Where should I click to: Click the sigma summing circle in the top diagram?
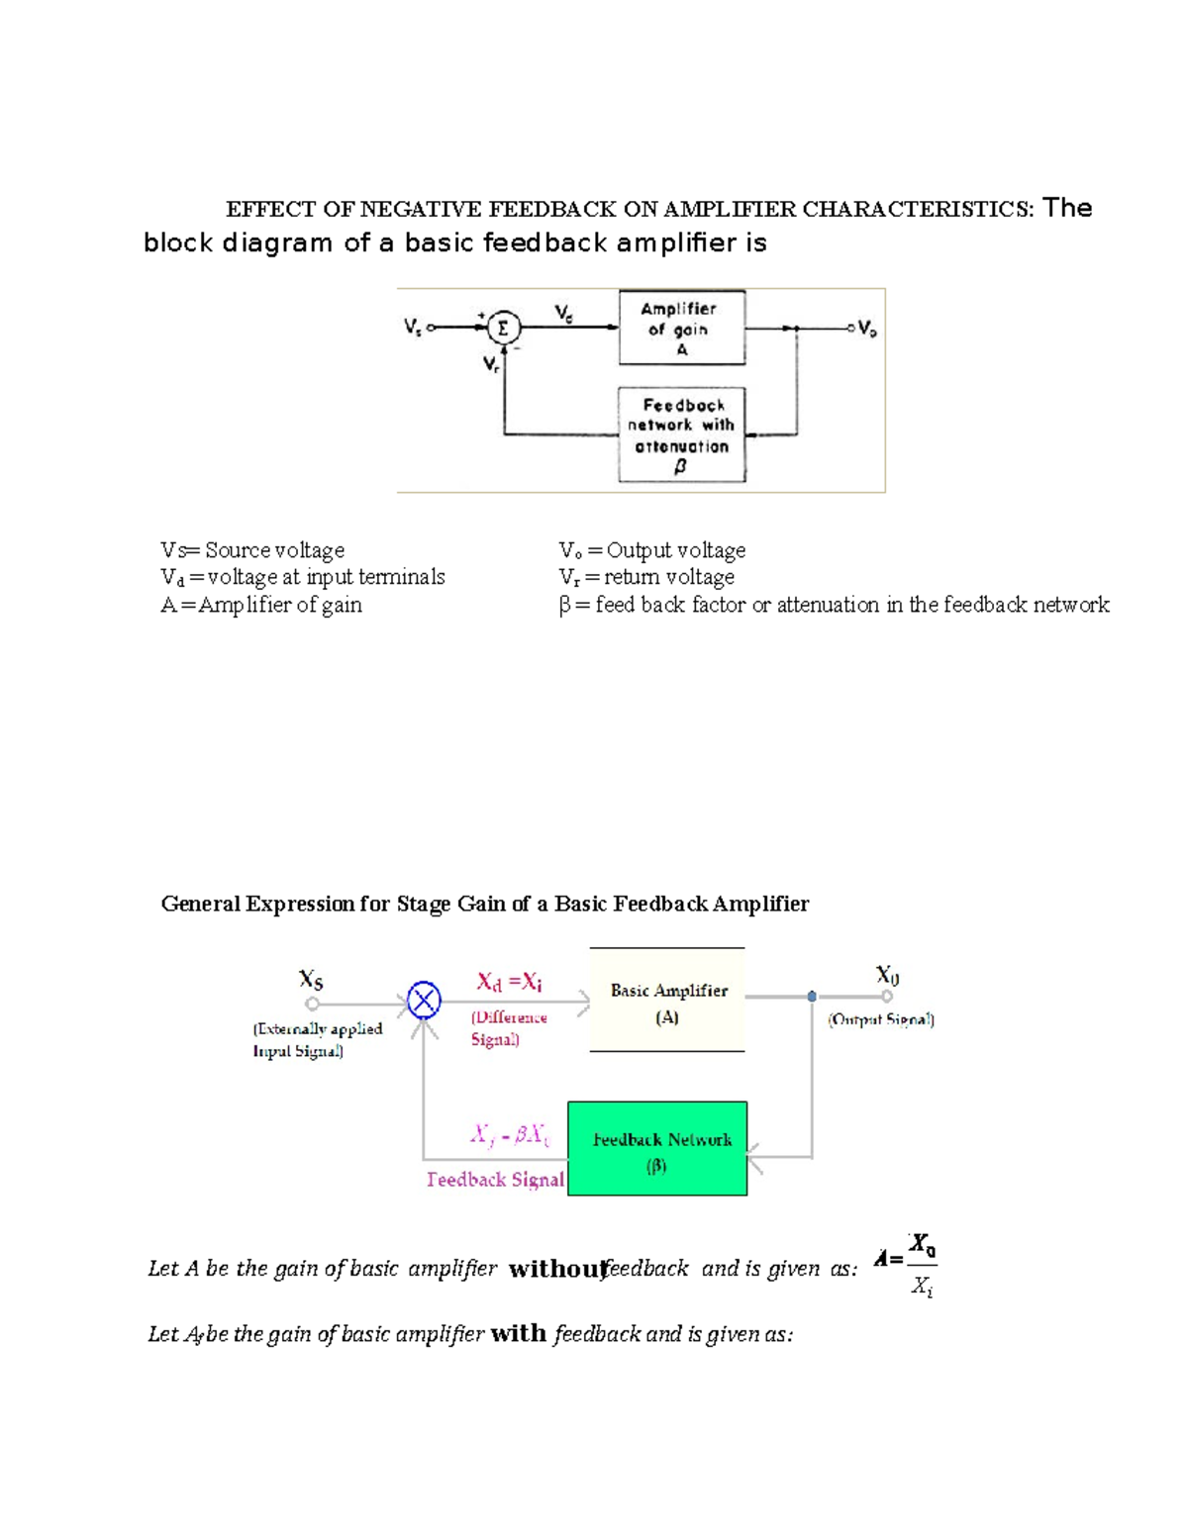(x=503, y=327)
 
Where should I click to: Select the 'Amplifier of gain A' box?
(x=681, y=328)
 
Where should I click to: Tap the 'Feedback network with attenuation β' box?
(x=681, y=434)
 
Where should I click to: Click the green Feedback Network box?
(x=657, y=1148)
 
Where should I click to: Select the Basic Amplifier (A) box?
(x=667, y=1001)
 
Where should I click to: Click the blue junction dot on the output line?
(x=812, y=997)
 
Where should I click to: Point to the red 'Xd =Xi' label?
(x=509, y=982)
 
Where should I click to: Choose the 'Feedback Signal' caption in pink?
(x=495, y=1179)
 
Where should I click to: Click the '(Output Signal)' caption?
(x=881, y=1019)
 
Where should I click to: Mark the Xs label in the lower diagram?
(x=311, y=980)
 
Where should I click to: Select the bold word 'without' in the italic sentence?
(x=556, y=1269)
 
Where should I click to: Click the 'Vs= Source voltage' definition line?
(x=252, y=550)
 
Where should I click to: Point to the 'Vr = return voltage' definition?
(x=646, y=577)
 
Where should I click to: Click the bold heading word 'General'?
(x=200, y=904)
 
